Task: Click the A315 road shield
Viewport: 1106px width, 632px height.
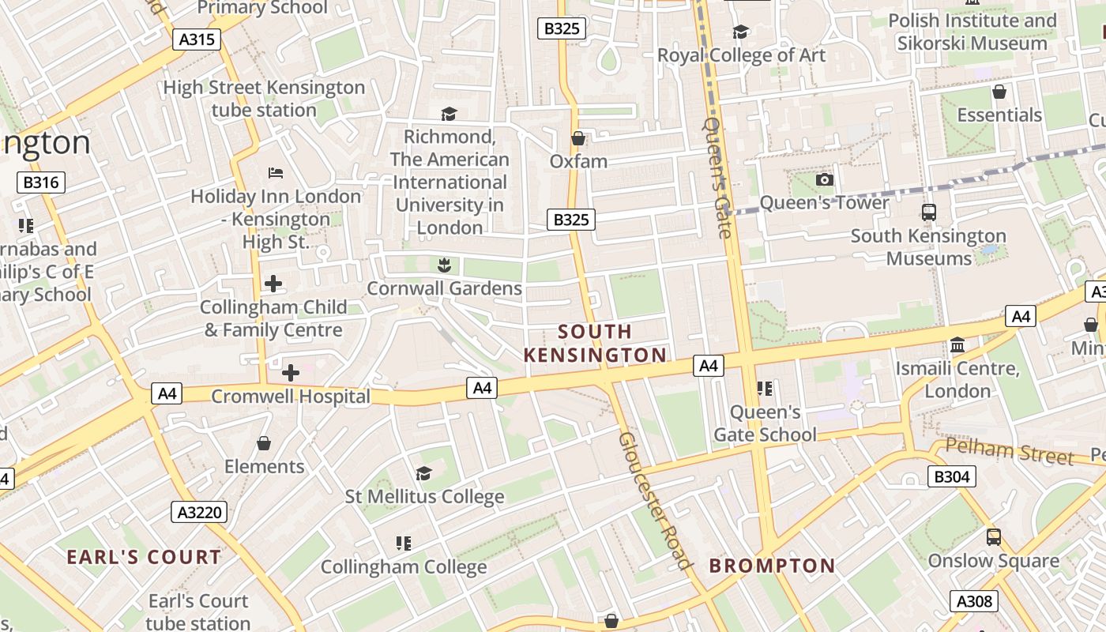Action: point(197,39)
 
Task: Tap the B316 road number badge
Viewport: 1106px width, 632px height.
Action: point(41,182)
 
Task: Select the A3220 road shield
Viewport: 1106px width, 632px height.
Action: point(199,512)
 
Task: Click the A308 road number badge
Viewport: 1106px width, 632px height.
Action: point(973,601)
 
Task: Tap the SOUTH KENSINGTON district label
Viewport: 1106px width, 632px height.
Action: point(595,343)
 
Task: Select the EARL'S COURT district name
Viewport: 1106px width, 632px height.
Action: point(144,557)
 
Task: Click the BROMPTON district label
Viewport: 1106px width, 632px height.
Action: point(772,566)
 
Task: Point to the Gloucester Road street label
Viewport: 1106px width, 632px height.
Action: point(654,499)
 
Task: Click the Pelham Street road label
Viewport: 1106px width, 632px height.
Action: point(1010,452)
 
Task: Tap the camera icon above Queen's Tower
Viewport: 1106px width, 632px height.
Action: point(824,180)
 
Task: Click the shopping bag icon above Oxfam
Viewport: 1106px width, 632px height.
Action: point(578,138)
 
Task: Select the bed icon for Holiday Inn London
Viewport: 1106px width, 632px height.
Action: point(275,172)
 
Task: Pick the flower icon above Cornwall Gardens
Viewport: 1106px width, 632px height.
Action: point(444,265)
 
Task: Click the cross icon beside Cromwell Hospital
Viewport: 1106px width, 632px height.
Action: point(291,372)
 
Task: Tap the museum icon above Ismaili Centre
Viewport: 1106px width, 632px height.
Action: point(957,345)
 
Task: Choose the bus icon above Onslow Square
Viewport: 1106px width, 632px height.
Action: point(993,537)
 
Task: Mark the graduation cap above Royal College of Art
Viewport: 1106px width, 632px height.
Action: point(740,32)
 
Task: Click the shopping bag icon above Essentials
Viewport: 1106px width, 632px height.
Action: point(999,92)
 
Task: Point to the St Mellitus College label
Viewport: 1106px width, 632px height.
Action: point(424,497)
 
